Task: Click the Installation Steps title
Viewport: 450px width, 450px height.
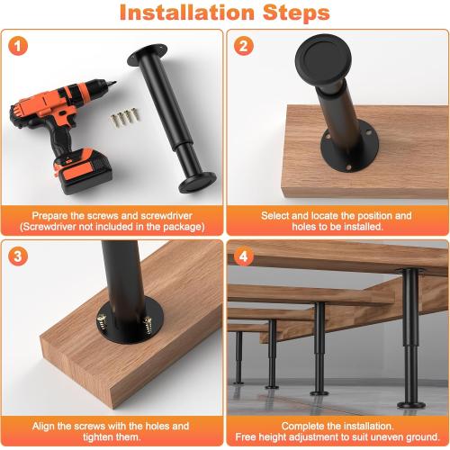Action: click(225, 13)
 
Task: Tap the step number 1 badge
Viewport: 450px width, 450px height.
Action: click(20, 45)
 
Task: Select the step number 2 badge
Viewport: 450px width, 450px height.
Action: click(243, 45)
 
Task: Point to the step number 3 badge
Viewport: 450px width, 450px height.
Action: click(20, 256)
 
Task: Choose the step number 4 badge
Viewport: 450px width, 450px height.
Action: click(243, 256)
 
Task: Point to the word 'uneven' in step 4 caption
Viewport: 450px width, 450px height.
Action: click(376, 437)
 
